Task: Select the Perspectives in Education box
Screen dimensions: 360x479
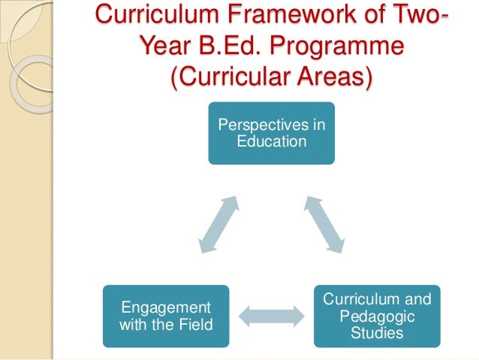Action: point(271,133)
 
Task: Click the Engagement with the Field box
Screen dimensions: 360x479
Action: point(166,316)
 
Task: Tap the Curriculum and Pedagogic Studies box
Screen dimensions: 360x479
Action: point(376,316)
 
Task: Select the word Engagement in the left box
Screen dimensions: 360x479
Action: point(165,308)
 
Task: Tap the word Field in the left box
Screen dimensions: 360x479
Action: point(194,325)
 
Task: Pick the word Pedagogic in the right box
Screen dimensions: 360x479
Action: point(377,316)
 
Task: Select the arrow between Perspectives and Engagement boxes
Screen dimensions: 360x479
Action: point(218,223)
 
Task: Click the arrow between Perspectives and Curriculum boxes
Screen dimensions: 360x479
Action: point(324,223)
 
